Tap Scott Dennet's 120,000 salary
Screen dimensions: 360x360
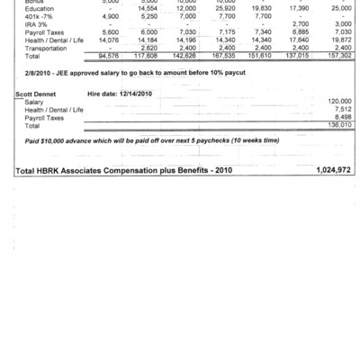(340, 102)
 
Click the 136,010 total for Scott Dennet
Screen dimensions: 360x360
(340, 125)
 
